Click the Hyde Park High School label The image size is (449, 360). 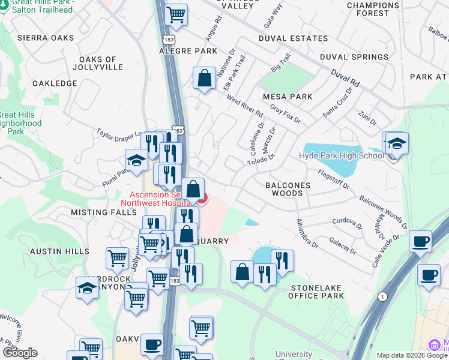point(341,156)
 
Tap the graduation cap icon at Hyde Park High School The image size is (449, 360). point(396,144)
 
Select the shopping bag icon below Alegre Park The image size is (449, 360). point(204,79)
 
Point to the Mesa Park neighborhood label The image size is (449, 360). point(288,97)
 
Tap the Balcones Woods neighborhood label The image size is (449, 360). point(288,190)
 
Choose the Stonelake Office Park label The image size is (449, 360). point(316,291)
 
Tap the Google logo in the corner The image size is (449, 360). point(20,353)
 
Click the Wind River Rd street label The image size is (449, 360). point(245,107)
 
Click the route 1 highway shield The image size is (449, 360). point(382,296)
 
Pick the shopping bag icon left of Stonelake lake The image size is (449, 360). point(242,272)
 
